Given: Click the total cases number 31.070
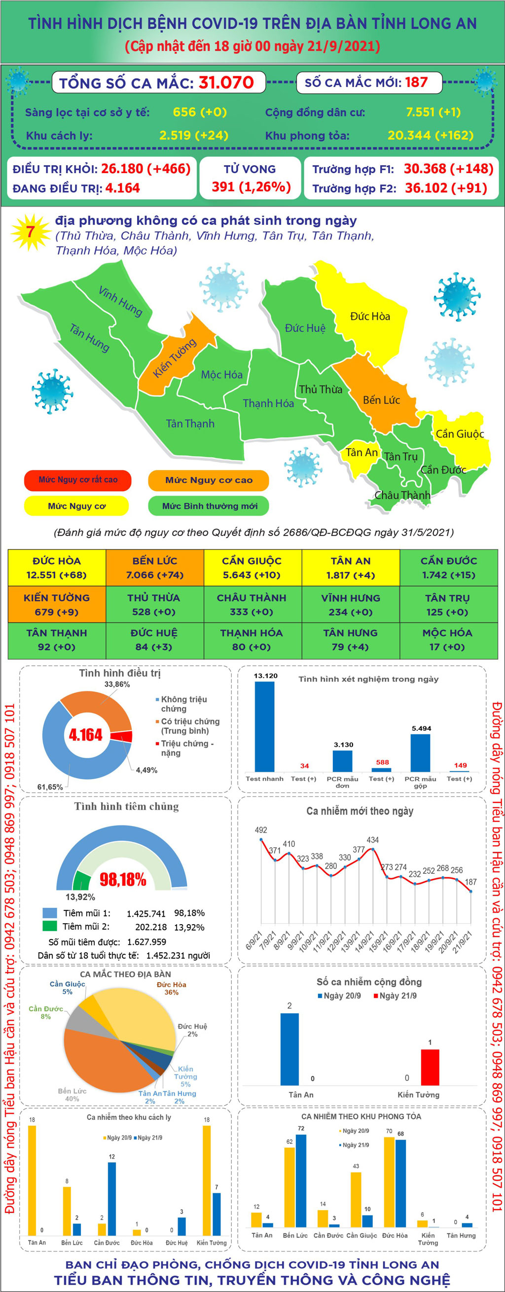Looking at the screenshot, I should point(226,82).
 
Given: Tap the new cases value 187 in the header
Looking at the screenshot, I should point(416,82).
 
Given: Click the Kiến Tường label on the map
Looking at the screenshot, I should point(175,358).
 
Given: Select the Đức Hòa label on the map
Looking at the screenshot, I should point(369,317).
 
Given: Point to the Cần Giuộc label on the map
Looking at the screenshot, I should point(459,434).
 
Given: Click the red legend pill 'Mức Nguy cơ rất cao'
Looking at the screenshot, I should point(78,480).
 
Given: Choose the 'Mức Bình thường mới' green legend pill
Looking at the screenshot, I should point(209,506).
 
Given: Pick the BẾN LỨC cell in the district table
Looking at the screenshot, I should point(154,568).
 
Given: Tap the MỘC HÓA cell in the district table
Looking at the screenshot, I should point(447,640).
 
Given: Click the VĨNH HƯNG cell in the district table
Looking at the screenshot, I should point(351,605).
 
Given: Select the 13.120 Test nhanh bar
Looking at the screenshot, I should point(265,726).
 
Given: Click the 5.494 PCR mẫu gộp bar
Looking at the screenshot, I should point(421,753).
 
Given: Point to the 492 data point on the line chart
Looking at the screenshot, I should point(261,839).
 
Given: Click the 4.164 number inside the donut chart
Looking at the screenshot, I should point(85,735).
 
